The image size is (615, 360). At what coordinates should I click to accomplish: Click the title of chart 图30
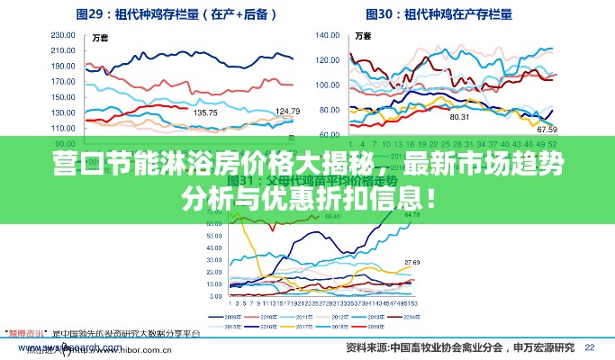[x=439, y=14]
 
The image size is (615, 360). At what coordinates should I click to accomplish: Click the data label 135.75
[x=205, y=112]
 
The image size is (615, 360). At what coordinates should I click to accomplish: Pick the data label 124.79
[x=287, y=111]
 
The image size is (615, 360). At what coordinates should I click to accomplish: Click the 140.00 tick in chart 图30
[x=328, y=37]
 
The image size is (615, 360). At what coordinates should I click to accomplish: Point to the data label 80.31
[x=459, y=117]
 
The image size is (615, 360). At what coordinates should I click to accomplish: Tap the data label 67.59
[x=547, y=130]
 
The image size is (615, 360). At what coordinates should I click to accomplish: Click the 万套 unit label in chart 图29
[x=101, y=37]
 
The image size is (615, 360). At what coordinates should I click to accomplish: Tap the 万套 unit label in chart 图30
[x=363, y=37]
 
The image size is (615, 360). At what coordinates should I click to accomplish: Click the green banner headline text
[x=307, y=179]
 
